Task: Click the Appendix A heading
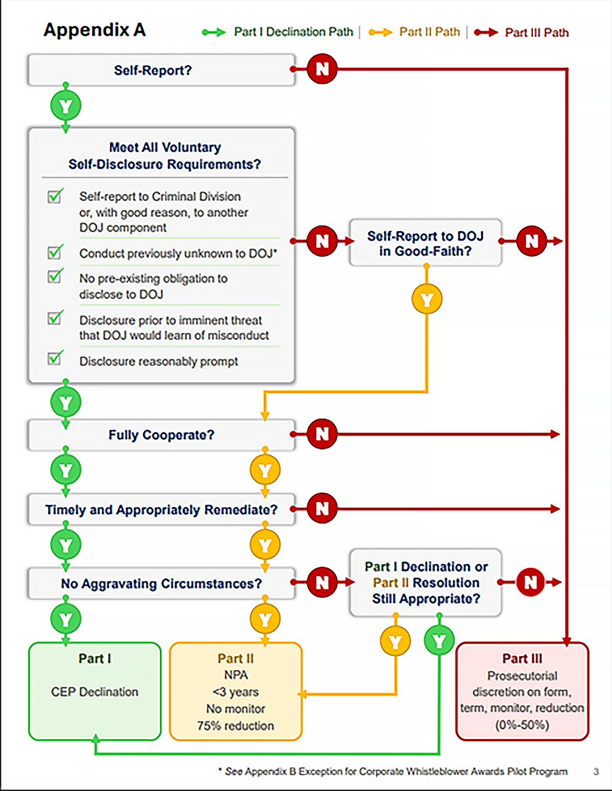95,30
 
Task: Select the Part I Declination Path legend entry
278,32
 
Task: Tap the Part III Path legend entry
521,32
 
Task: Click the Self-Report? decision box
161,70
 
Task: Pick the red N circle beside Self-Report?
322,69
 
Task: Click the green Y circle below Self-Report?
66,106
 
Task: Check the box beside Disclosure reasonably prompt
55,358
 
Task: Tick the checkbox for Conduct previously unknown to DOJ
55,252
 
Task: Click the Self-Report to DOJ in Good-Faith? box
425,243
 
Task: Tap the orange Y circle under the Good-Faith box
427,299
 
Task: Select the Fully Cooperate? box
161,435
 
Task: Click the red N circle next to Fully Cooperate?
322,434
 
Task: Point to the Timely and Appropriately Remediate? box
161,509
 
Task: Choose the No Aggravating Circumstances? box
161,584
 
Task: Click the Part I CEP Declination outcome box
95,691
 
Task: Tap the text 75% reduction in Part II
236,726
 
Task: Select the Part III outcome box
522,691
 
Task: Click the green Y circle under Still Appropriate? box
439,641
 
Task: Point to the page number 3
596,771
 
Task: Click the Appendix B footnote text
393,772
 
